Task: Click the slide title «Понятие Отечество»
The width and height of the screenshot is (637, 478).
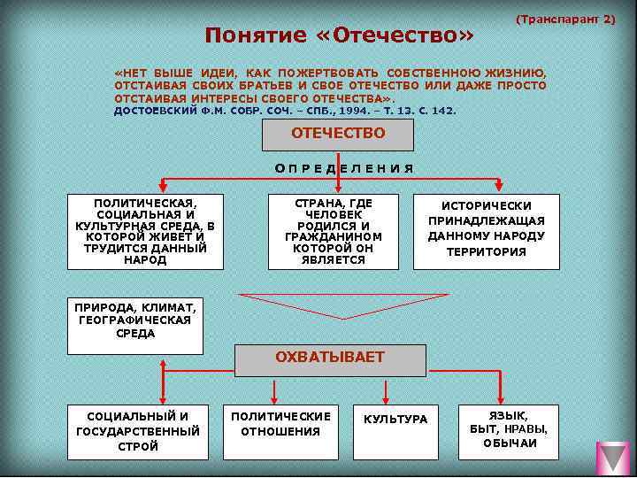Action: [x=340, y=35]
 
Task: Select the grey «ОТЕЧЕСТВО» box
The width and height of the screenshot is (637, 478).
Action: [x=338, y=135]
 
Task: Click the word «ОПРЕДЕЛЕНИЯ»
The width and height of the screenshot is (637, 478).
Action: [x=343, y=168]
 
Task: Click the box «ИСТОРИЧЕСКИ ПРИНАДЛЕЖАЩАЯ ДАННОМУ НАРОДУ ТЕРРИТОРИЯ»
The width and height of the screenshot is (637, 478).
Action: [x=487, y=230]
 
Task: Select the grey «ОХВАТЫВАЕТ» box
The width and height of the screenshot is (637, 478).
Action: [x=329, y=358]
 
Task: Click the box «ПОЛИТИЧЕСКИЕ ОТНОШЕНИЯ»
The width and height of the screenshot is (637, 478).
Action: [x=281, y=425]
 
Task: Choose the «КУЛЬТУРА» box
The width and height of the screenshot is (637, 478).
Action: [x=395, y=420]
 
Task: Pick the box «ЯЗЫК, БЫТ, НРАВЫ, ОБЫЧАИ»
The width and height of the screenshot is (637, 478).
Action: [x=509, y=429]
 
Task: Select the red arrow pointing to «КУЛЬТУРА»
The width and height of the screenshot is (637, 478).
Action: [x=385, y=390]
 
